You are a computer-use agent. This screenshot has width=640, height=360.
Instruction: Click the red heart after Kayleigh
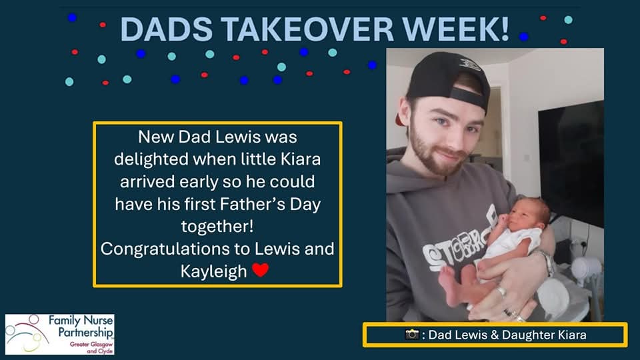pos(261,271)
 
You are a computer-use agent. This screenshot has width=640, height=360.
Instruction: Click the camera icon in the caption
pos(412,335)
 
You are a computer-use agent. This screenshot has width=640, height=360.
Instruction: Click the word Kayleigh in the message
pos(213,271)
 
